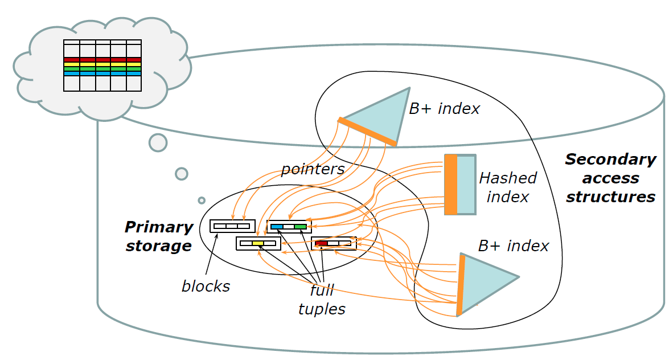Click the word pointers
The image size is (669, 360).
tap(313, 169)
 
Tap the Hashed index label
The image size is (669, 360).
tap(507, 187)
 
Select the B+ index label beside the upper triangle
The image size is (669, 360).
tap(444, 108)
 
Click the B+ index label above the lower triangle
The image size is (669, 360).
tap(513, 246)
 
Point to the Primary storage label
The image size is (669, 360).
tap(159, 236)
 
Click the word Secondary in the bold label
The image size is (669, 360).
tap(610, 159)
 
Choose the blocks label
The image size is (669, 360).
tap(206, 286)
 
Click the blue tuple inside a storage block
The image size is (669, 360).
tap(277, 227)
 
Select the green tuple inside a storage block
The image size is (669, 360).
tap(300, 227)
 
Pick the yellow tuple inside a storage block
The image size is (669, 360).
tap(257, 243)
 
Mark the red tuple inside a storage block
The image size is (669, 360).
tap(321, 243)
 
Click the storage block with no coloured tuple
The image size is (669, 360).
tap(232, 226)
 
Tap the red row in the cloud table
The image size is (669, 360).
tap(102, 59)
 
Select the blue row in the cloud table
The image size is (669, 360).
tap(102, 73)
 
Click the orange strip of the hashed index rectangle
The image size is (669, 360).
tap(450, 185)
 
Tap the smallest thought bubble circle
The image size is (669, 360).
tap(202, 200)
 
